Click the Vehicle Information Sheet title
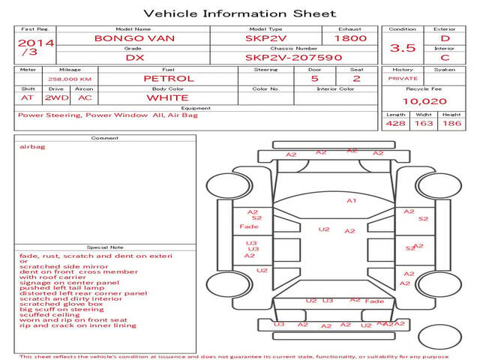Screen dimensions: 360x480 click(239, 13)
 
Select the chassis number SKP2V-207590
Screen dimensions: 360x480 click(293, 57)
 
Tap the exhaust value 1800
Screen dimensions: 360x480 click(350, 38)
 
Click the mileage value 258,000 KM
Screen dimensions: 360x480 click(70, 78)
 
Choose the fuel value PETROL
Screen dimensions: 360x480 click(168, 78)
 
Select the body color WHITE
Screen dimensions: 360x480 click(167, 97)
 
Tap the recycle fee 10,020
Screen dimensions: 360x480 click(424, 101)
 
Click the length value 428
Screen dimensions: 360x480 click(395, 123)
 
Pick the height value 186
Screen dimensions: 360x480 click(451, 123)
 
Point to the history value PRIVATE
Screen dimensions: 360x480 click(403, 78)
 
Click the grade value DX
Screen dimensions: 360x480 click(134, 57)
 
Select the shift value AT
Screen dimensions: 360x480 click(28, 97)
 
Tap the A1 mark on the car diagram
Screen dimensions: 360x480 click(351, 201)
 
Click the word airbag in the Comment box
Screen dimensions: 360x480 click(32, 147)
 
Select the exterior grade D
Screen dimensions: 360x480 click(445, 38)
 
